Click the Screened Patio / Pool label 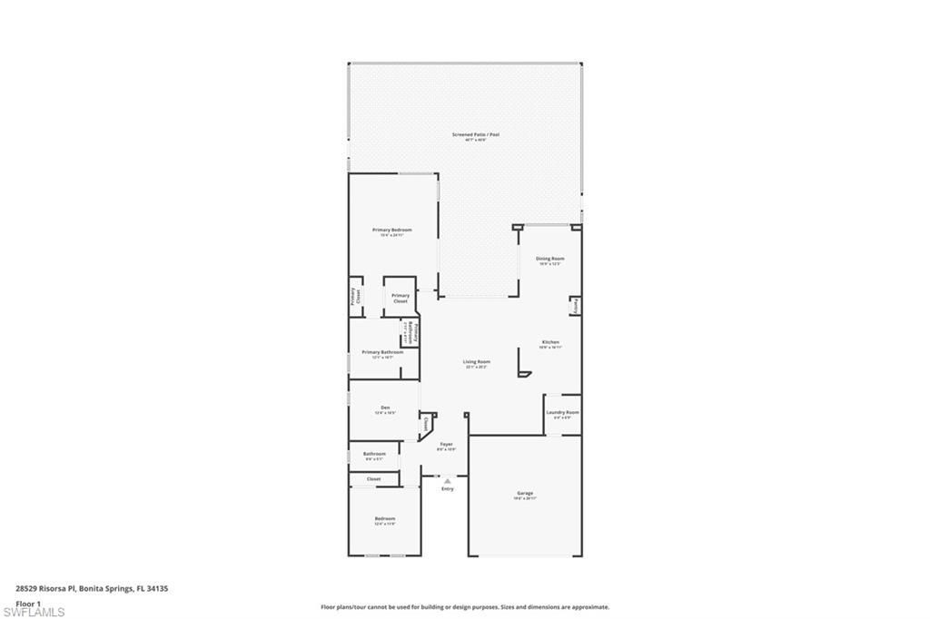(476, 134)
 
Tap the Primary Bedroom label (392, 231)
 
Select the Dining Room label (549, 259)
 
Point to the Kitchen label (550, 342)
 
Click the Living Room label (476, 362)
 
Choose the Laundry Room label (562, 412)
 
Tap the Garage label (525, 494)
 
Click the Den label (385, 408)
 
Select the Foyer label (446, 444)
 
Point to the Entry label (447, 489)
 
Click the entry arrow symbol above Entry (447, 481)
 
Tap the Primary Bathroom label (382, 352)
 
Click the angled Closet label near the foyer (425, 423)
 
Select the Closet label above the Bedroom (373, 478)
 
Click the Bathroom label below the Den (374, 454)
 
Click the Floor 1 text (29, 603)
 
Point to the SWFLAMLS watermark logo (34, 613)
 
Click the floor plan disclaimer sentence (464, 607)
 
